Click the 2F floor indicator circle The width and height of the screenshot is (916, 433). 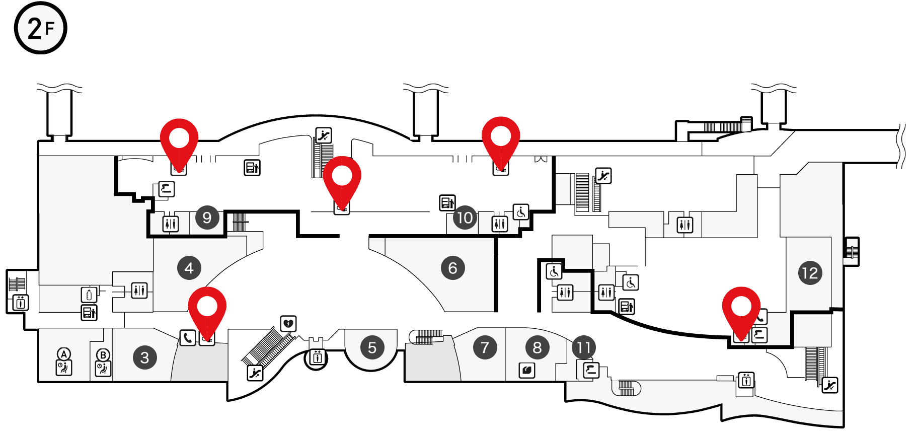coord(40,28)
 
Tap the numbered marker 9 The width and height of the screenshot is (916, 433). coord(207,218)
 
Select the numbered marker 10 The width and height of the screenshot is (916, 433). coord(465,218)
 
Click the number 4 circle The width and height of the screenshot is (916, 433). coord(189,268)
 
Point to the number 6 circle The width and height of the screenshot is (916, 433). coord(453,268)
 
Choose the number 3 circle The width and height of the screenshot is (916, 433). coord(145,357)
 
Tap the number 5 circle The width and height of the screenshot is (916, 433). coord(372,347)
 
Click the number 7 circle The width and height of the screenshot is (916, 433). coord(485,347)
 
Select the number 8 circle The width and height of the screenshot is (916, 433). coord(538,347)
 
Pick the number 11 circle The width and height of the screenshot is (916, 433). coord(584,347)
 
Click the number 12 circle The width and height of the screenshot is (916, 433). coord(810,273)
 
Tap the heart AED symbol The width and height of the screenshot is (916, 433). coord(288,324)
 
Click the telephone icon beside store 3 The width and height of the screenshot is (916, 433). coord(188,337)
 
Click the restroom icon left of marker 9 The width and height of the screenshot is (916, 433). coord(171,224)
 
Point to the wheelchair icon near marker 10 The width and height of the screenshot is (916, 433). coord(521,212)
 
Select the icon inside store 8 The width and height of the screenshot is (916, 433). coord(527,371)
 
